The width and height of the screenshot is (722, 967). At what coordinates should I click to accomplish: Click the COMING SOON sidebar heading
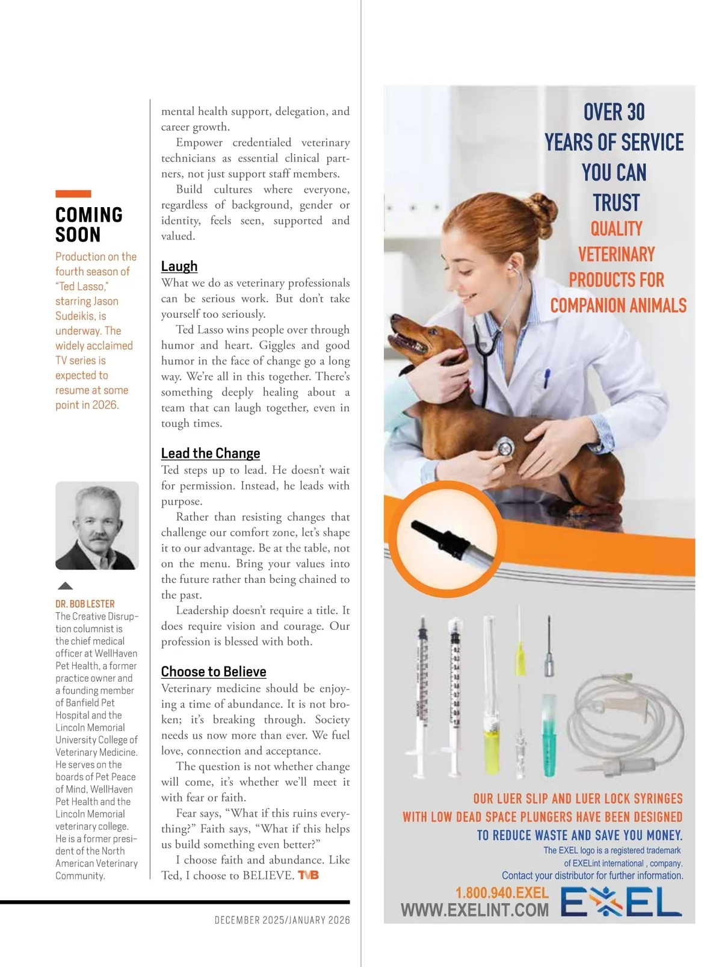click(89, 224)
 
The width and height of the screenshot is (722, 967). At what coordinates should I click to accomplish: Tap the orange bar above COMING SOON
click(73, 194)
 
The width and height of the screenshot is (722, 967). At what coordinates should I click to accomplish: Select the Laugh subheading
click(179, 266)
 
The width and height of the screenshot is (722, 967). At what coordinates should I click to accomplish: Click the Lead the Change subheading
click(211, 453)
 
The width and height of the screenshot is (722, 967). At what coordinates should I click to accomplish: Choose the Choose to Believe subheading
click(214, 672)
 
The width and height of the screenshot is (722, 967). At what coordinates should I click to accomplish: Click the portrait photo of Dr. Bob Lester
click(97, 525)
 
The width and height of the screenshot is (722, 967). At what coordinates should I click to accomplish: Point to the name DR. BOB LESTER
click(85, 604)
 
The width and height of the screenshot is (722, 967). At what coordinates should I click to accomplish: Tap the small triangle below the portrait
click(65, 586)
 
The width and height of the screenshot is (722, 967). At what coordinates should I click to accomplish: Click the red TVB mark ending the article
click(308, 875)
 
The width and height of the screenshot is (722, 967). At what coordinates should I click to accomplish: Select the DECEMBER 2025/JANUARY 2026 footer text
click(282, 920)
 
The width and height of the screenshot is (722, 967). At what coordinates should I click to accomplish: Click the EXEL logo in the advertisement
click(621, 903)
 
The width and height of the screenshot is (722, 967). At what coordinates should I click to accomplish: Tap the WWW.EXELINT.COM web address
click(475, 910)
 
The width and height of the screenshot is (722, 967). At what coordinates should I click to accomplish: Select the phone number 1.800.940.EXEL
click(502, 892)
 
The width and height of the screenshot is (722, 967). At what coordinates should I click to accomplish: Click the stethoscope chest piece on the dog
click(504, 447)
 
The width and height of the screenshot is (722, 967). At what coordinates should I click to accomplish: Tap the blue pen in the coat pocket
click(547, 378)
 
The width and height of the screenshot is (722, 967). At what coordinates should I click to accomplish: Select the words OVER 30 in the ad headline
click(614, 112)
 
